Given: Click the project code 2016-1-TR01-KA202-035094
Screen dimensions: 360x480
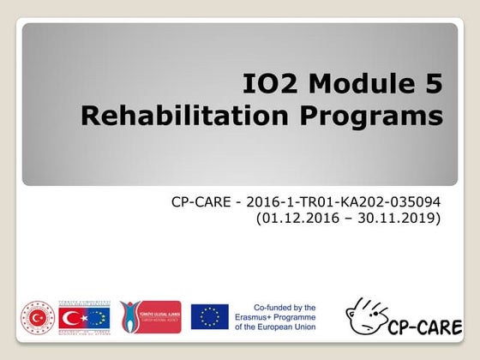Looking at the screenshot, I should [x=344, y=203].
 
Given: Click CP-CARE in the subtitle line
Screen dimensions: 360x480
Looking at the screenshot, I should [x=202, y=203].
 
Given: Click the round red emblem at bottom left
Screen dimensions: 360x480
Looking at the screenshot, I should [x=38, y=317].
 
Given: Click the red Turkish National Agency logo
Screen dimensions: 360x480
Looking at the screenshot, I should [x=150, y=317].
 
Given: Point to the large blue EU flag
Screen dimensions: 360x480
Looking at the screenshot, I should [x=209, y=317].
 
